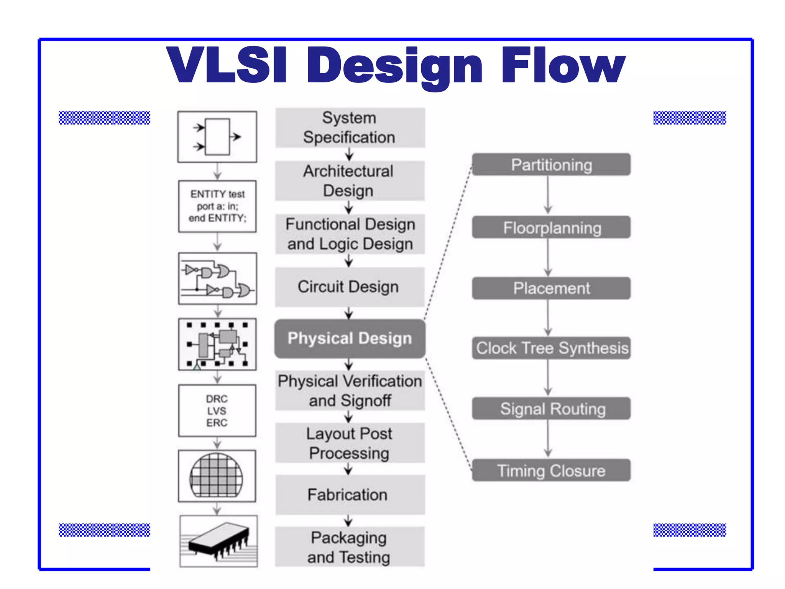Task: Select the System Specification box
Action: coord(350,128)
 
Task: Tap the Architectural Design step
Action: coord(350,181)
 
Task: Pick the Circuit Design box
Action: coord(350,287)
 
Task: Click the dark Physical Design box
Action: coord(350,339)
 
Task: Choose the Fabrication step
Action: coord(350,495)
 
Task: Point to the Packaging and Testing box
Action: coord(350,547)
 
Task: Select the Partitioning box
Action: coord(551,165)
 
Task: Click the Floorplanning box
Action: coord(551,227)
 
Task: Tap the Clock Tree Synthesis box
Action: coord(551,348)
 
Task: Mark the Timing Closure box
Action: coord(551,471)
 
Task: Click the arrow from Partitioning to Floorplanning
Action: coord(548,196)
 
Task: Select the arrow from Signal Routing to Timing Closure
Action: coord(548,439)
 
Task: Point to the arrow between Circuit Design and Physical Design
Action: coord(349,313)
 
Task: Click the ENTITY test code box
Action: coord(217,206)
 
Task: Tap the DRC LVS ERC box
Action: coord(217,411)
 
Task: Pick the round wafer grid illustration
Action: coord(217,476)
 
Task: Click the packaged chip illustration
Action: coord(218,541)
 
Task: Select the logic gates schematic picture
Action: coord(217,279)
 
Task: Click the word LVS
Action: coord(217,411)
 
